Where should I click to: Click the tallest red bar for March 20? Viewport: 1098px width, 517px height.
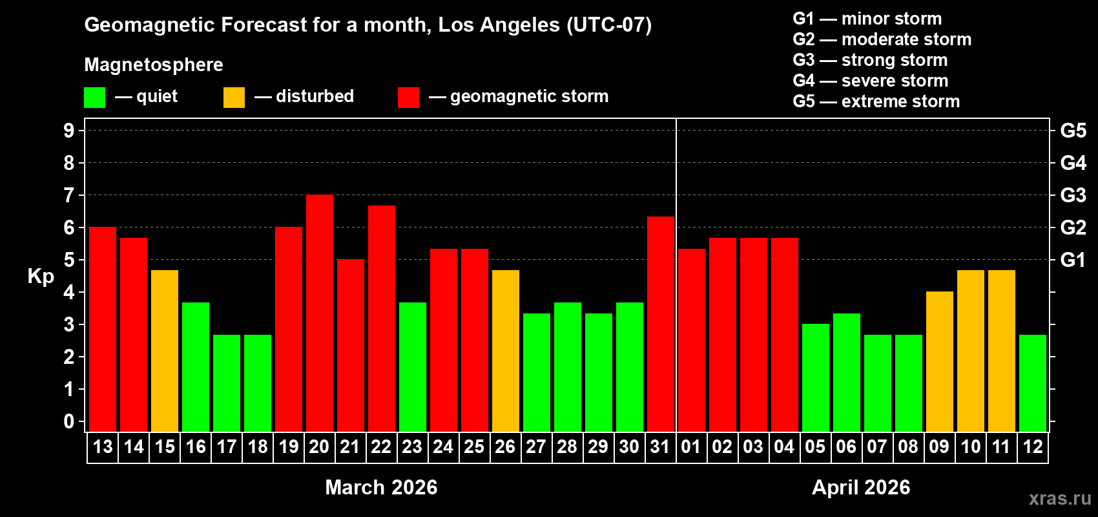coord(320,313)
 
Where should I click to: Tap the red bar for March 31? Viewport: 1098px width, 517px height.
coord(661,324)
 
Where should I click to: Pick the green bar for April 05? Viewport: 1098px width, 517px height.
coord(815,377)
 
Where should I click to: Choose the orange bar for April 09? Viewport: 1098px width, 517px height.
coord(939,361)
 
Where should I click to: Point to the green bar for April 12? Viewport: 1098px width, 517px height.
coord(1032,383)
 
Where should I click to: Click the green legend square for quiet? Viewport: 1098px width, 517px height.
coord(95,98)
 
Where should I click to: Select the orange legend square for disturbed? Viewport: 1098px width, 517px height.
coord(234,98)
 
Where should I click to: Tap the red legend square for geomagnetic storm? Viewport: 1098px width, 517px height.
coord(408,98)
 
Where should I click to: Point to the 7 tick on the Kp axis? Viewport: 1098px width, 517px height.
coord(68,195)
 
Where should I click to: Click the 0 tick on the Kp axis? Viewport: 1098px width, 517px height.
coord(68,422)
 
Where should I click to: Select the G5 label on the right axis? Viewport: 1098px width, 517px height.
coord(1073,131)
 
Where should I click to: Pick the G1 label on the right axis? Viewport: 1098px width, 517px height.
coord(1073,260)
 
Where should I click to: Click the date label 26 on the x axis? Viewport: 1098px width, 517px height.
coord(505,447)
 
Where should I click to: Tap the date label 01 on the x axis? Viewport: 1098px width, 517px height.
coord(691,447)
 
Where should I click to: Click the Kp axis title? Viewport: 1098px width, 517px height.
coord(41,277)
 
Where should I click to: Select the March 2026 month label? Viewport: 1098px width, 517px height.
coord(381,487)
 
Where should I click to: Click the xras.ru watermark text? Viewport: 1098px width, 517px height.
coord(1060,498)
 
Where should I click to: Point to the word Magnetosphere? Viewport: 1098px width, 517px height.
coord(154,65)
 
